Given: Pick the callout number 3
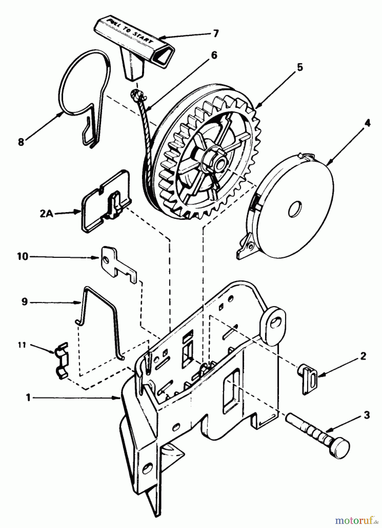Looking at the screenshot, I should (x=366, y=415).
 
